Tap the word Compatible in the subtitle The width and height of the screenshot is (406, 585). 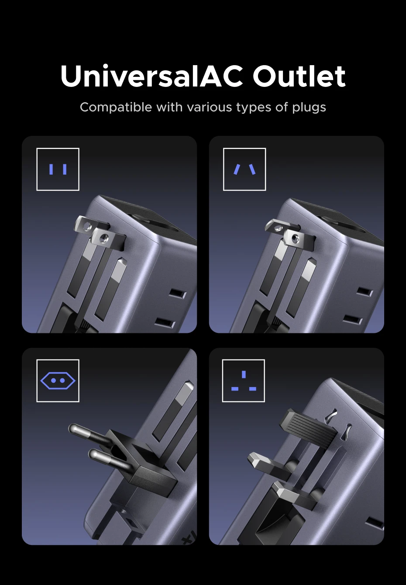[x=116, y=107]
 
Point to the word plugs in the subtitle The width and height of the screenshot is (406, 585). [x=309, y=108]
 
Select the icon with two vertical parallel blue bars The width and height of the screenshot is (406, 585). [x=58, y=169]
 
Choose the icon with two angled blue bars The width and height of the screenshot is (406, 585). [x=244, y=169]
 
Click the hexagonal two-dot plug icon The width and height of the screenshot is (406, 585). [x=58, y=381]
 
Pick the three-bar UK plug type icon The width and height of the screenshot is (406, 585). [x=244, y=381]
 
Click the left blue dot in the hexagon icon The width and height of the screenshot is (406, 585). [x=54, y=381]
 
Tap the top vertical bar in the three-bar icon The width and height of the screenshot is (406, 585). [x=244, y=374]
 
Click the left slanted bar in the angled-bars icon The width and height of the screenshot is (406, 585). [x=237, y=169]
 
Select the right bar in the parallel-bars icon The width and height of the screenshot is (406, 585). [x=65, y=169]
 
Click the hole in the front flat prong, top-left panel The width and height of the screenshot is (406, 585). [x=104, y=238]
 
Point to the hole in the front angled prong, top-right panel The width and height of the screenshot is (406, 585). [x=295, y=238]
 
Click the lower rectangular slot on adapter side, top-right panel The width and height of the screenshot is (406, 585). [x=352, y=320]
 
